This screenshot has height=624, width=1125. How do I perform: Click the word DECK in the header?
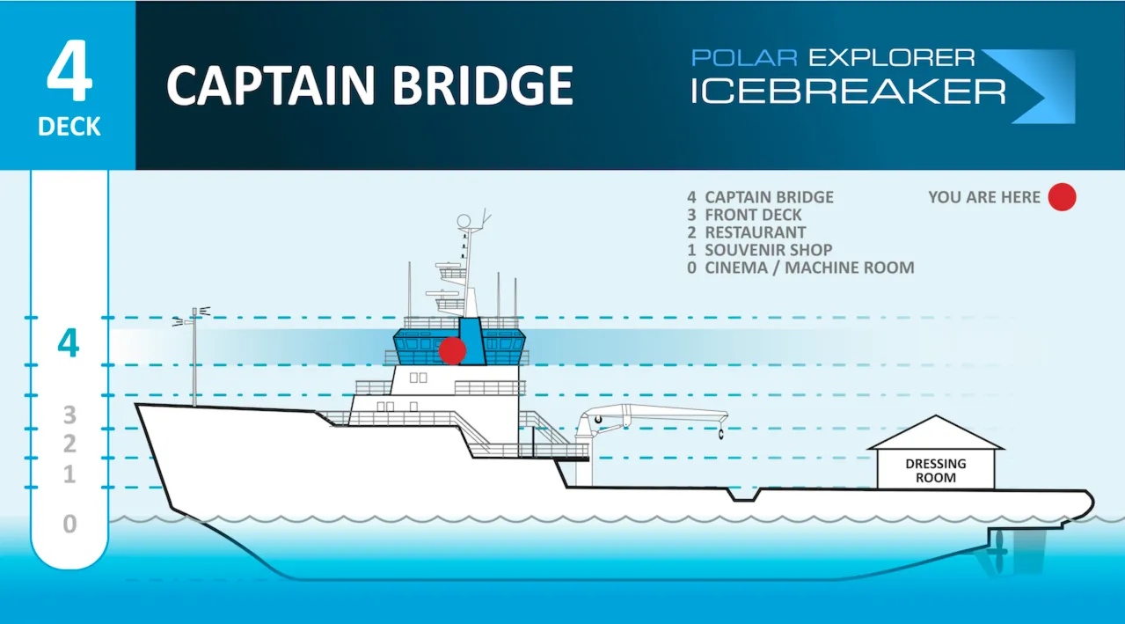[x=69, y=128]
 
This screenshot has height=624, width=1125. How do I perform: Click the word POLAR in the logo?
[x=744, y=58]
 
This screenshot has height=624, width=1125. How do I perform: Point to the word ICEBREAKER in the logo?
[x=847, y=91]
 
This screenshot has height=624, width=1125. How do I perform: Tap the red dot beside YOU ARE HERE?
[x=1062, y=198]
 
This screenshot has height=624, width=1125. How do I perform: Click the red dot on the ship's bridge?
[x=452, y=350]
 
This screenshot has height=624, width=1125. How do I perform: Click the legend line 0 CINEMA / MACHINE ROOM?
[x=800, y=268]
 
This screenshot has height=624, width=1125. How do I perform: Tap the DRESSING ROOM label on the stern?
[x=936, y=470]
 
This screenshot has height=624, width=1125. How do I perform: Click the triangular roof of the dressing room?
[x=936, y=434]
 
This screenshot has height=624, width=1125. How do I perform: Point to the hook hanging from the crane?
[x=720, y=433]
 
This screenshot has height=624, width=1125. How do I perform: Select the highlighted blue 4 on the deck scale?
[x=68, y=343]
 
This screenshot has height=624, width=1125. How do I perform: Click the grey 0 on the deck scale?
[x=69, y=525]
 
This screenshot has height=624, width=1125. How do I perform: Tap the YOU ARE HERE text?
[x=984, y=198]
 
